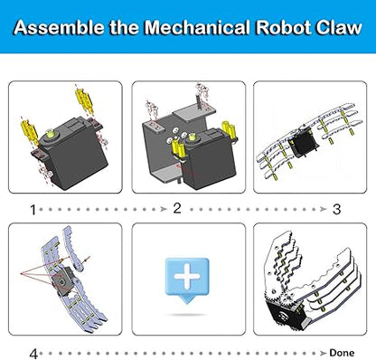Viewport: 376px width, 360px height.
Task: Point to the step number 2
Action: coord(178,208)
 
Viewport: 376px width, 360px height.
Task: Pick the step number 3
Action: coord(336,208)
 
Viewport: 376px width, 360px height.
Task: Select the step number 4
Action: coord(33,354)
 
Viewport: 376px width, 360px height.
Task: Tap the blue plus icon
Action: coord(187,274)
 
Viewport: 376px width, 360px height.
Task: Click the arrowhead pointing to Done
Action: coord(324,354)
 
